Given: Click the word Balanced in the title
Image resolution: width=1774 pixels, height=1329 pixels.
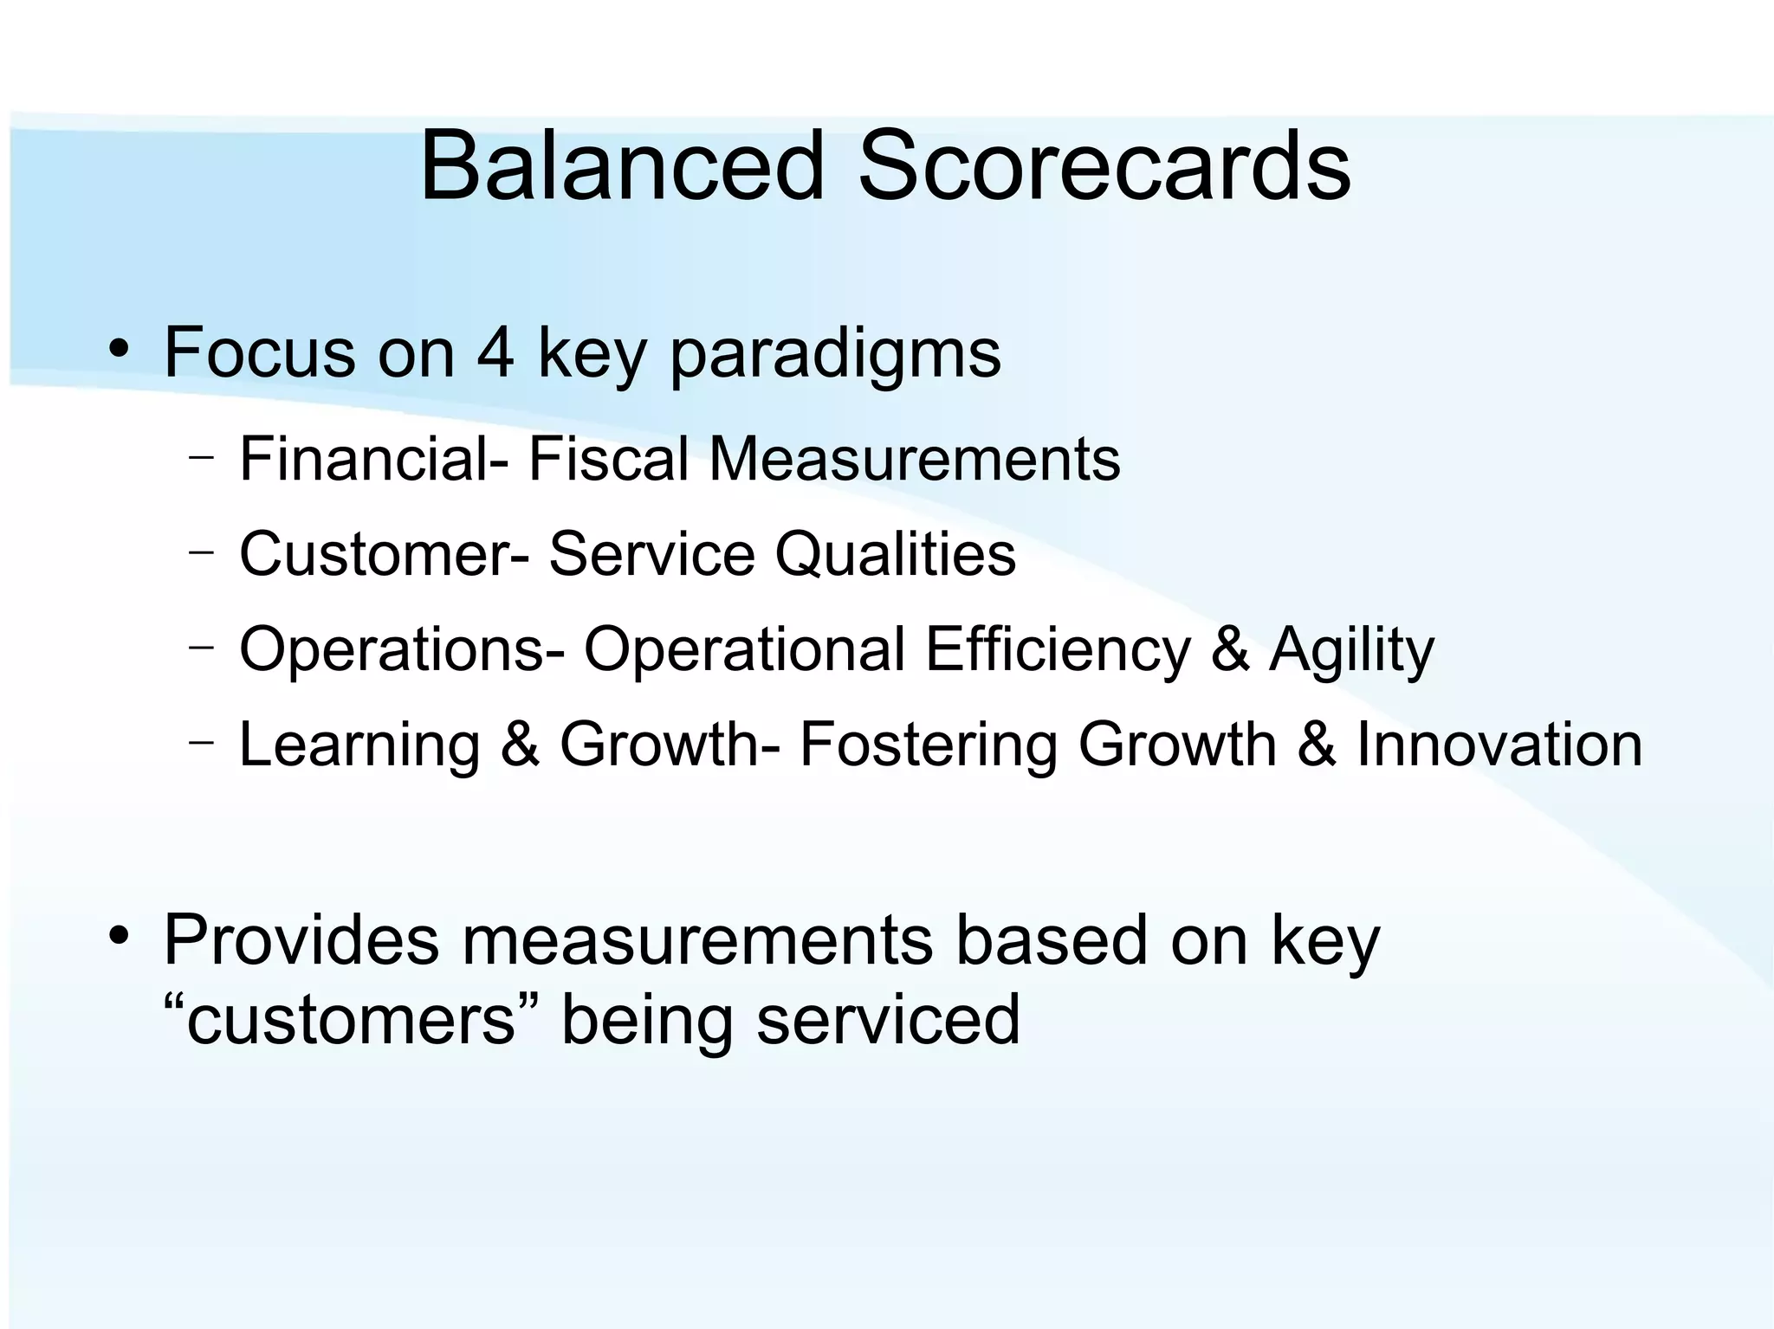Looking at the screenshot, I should pyautogui.click(x=621, y=165).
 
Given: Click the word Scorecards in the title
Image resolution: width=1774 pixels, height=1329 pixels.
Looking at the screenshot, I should pyautogui.click(x=1104, y=165).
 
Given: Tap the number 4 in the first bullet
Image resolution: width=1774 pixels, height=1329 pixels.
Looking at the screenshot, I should pyautogui.click(x=495, y=352).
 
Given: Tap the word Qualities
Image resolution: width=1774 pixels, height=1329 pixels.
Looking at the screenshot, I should pyautogui.click(x=895, y=554).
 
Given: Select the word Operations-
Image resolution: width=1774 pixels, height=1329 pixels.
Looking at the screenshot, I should pyautogui.click(x=402, y=649).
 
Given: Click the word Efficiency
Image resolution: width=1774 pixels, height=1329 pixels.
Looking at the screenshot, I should pyautogui.click(x=1058, y=649).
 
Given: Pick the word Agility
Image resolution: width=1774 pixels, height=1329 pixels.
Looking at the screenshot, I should pyautogui.click(x=1351, y=651).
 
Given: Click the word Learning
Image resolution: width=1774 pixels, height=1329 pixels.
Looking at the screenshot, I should pyautogui.click(x=359, y=746).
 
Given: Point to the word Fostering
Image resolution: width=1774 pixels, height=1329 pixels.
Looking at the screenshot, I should pyautogui.click(x=928, y=746).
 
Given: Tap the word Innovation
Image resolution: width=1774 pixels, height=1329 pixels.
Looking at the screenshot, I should pyautogui.click(x=1499, y=745).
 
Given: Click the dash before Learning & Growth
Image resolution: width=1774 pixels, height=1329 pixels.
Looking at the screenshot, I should pyautogui.click(x=201, y=741).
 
